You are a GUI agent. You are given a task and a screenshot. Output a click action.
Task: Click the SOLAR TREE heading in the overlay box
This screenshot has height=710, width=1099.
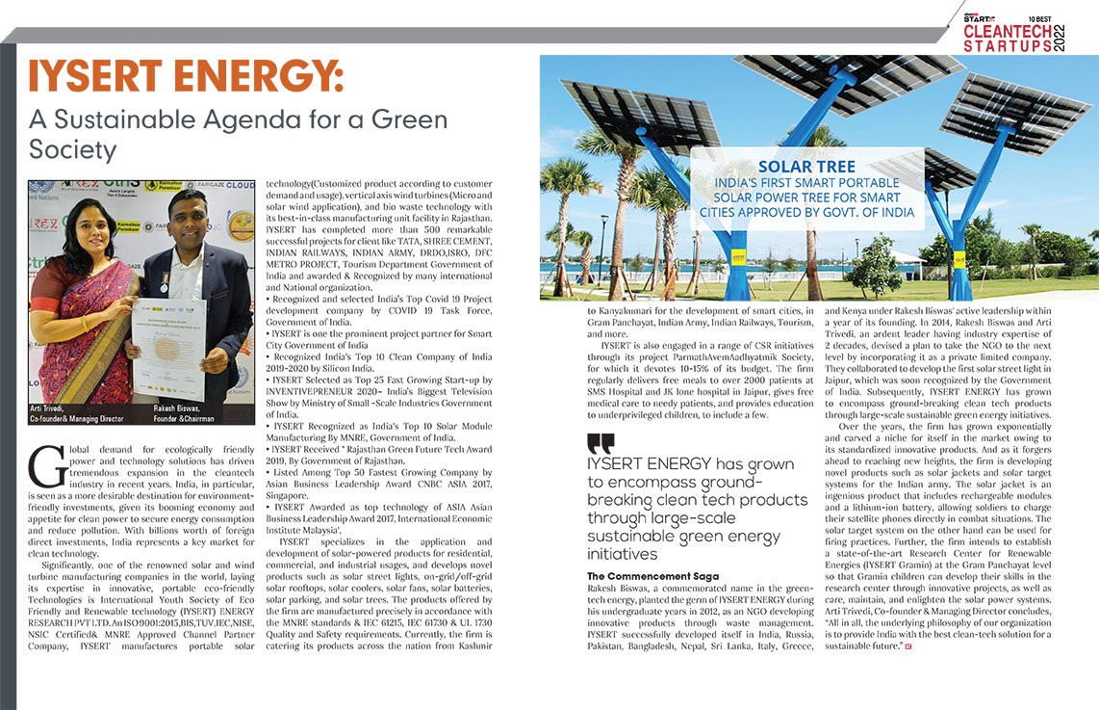coord(806,167)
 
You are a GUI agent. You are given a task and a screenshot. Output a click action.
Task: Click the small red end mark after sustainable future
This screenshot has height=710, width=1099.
coord(907,645)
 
